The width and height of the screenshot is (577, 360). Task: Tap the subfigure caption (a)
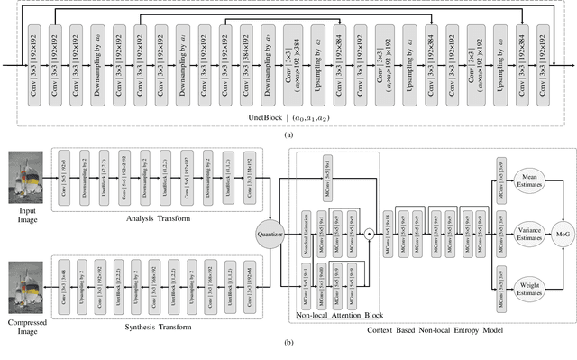288,133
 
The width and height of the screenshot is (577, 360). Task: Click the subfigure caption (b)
288,352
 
